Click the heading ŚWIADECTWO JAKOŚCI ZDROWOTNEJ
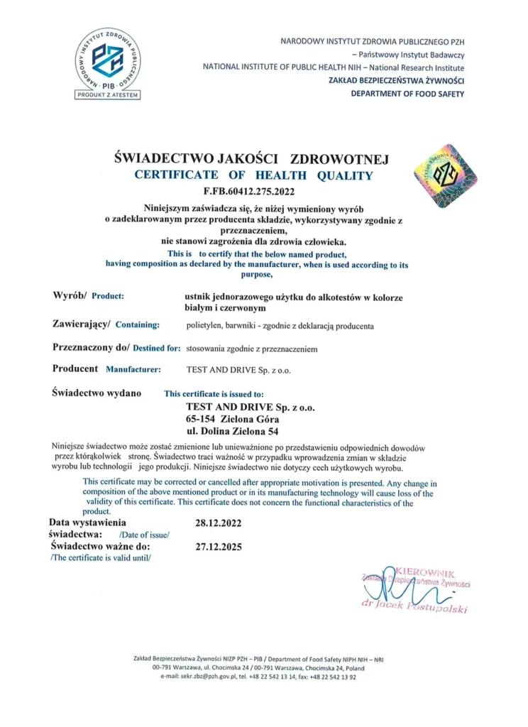[x=251, y=159]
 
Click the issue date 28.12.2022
[x=218, y=523]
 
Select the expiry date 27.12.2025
[x=218, y=547]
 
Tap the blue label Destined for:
[x=156, y=349]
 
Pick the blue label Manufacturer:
[x=133, y=370]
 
